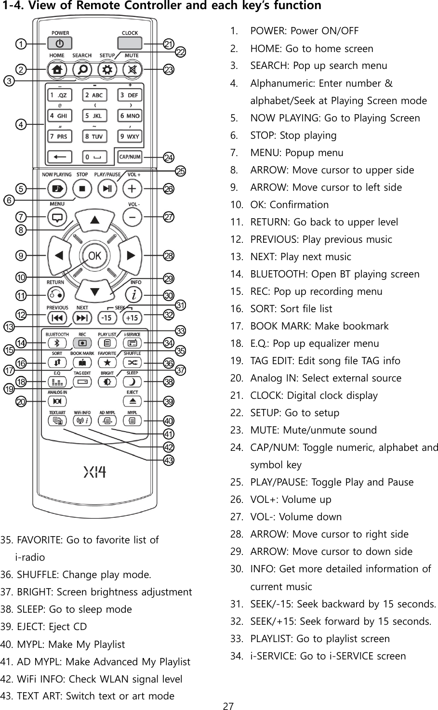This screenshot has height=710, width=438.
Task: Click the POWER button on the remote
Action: pos(59,43)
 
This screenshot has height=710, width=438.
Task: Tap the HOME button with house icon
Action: pos(57,69)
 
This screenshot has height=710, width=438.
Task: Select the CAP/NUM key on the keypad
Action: pos(130,157)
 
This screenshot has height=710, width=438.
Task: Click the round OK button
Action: pos(94,256)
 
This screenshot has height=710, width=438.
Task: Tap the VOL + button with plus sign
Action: pos(132,188)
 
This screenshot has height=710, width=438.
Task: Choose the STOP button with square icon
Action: pos(82,188)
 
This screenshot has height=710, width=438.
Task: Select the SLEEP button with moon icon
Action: pos(132,381)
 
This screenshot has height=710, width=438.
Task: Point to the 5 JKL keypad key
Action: pos(94,116)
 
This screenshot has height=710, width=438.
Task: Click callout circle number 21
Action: pos(169,44)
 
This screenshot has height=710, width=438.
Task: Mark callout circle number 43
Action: pos(169,460)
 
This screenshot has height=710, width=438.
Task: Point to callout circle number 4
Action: pos(21,125)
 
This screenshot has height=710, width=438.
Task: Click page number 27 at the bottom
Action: pos(228,706)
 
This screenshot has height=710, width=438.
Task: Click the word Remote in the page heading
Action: pos(79,6)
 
